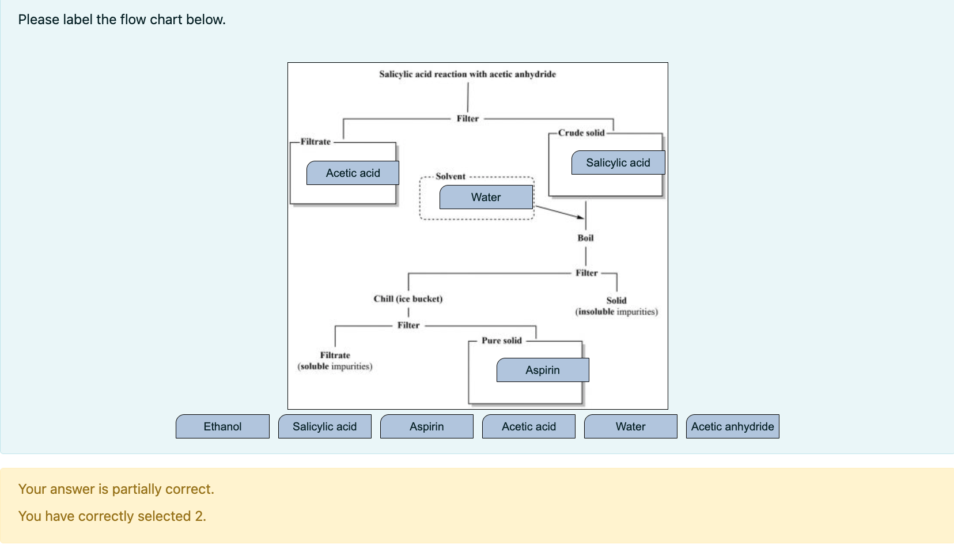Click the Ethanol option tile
(222, 426)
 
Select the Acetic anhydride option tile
(732, 426)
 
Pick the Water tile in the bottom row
(630, 426)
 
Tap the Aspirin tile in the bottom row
(426, 426)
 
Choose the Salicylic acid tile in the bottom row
(324, 426)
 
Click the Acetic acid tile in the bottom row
(528, 426)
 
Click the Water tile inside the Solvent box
(486, 197)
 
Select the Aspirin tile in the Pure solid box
(542, 370)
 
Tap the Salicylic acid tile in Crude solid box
(618, 162)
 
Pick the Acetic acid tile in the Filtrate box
(353, 173)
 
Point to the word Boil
(585, 238)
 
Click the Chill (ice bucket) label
(408, 298)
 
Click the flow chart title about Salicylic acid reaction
(467, 74)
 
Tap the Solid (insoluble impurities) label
(616, 306)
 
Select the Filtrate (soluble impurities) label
(335, 361)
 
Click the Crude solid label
(581, 133)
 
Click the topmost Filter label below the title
(467, 118)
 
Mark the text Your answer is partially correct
(116, 489)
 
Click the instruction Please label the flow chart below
(122, 20)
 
